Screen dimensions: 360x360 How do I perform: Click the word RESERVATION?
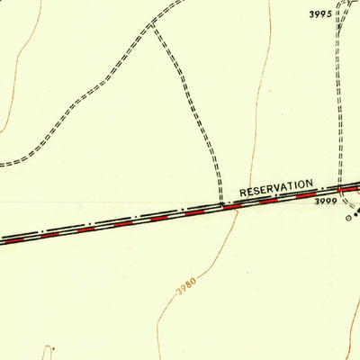click(276, 188)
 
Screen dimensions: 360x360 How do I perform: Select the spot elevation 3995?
click(320, 14)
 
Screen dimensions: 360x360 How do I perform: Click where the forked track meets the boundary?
click(220, 204)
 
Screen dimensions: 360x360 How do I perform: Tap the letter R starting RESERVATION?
click(243, 193)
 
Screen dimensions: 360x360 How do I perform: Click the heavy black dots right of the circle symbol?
click(355, 214)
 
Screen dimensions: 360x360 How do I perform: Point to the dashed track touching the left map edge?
click(4, 163)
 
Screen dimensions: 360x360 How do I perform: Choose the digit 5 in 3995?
click(328, 14)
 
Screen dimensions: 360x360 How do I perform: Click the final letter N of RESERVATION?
click(310, 184)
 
